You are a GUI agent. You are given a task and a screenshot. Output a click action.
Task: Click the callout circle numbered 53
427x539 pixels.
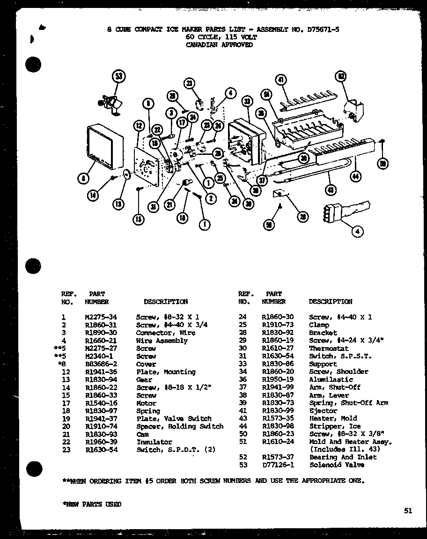(x=119, y=77)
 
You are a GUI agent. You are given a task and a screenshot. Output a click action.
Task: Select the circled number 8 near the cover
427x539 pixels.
(x=83, y=178)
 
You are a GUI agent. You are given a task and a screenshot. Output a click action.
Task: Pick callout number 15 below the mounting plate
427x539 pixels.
(x=139, y=219)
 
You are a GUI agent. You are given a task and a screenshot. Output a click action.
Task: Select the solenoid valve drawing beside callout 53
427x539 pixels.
(x=110, y=102)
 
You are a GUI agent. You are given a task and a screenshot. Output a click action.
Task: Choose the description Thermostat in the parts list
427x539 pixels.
(x=329, y=349)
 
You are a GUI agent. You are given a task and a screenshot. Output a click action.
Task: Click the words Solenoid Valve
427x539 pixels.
(x=337, y=465)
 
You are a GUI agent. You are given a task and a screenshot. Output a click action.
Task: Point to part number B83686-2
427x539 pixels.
(x=101, y=364)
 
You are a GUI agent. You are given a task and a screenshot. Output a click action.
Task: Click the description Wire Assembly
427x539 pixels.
(x=162, y=341)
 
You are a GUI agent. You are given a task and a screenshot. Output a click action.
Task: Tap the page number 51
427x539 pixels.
(x=408, y=511)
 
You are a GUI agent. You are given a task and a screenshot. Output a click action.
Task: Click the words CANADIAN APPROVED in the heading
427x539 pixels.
(x=219, y=45)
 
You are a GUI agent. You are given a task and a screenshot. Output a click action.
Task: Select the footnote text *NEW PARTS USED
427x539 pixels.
(x=92, y=504)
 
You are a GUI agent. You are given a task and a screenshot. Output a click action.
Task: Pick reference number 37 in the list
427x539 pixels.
(x=243, y=387)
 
